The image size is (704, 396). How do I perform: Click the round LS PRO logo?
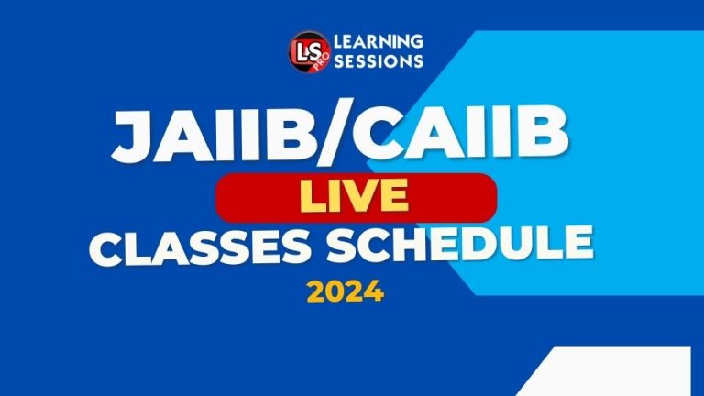point(305,51)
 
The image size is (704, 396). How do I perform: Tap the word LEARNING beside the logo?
point(379,41)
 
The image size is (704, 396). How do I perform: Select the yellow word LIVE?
point(355,197)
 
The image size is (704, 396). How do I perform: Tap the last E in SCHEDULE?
point(577,246)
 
